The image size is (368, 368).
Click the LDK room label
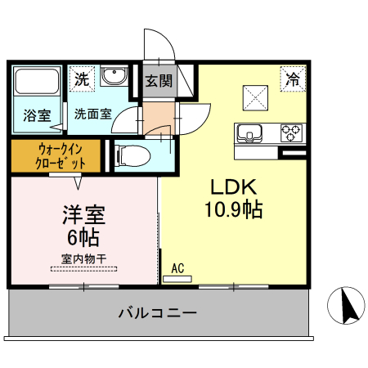pos(235,186)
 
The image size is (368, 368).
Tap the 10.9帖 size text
pos(233,209)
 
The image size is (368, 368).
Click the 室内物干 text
pos(83,259)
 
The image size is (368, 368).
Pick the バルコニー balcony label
pos(157,312)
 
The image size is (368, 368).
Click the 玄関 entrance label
pos(159,81)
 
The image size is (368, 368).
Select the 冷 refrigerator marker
pos(292,79)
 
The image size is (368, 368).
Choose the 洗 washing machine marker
pos(82,79)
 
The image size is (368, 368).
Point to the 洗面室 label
pos(93,114)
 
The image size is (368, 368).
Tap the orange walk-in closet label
pos(56,155)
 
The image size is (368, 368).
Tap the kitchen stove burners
pos(291,132)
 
